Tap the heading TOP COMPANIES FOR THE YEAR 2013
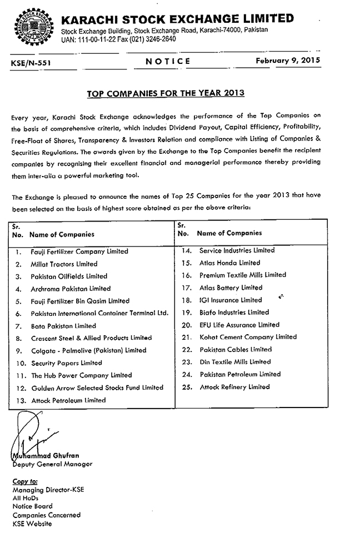pos(166,93)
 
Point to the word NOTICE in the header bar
pos(168,62)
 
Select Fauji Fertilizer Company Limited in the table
pos(79,252)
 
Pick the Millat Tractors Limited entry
pos(64,264)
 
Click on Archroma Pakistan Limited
pos(71,289)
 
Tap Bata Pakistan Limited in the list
pos(63,326)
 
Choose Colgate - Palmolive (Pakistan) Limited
pos(88,350)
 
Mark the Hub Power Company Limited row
pos(81,375)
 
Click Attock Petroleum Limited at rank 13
pos(68,400)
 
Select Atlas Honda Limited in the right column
pos(229,263)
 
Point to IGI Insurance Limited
pos(231,300)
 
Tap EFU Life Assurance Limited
pos(239,325)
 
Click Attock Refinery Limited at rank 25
pos(234,387)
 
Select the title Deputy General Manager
pos(52,464)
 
